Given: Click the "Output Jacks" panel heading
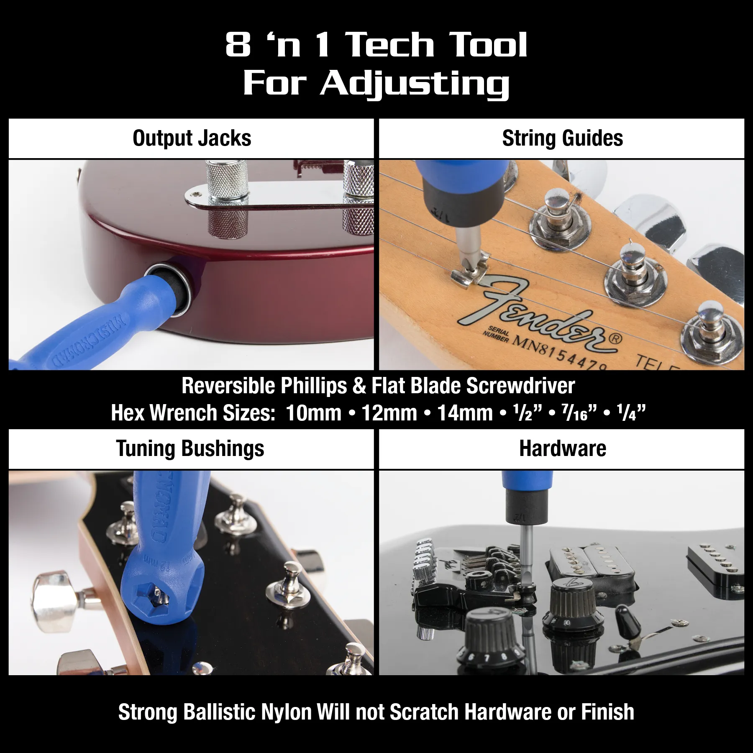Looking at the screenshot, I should (x=192, y=138).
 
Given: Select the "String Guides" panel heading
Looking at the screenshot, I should (x=562, y=138).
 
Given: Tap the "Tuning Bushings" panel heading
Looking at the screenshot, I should (x=190, y=449).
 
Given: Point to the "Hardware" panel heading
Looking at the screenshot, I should (x=562, y=449).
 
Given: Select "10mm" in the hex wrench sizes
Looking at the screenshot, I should (x=314, y=413).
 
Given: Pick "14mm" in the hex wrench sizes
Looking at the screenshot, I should (x=465, y=413).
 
